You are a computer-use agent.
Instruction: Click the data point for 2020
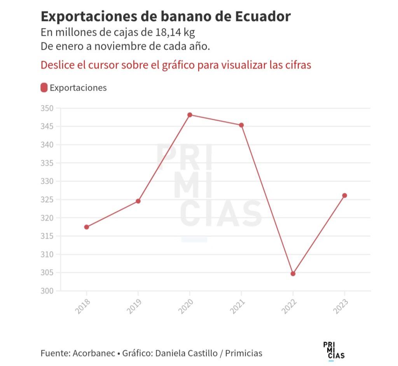click(x=190, y=115)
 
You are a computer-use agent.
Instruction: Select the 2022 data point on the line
click(x=293, y=274)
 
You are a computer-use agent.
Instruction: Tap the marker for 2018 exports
click(x=86, y=227)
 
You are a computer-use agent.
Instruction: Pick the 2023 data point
click(x=344, y=195)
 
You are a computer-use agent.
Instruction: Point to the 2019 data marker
click(x=138, y=201)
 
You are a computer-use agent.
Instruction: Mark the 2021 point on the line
click(x=241, y=125)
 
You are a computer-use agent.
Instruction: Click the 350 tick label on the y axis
click(x=48, y=108)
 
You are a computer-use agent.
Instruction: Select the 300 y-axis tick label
click(x=48, y=291)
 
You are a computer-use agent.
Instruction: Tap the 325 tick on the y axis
click(x=48, y=200)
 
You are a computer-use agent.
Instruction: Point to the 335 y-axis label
click(x=48, y=163)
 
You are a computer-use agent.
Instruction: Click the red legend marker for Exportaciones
click(x=44, y=87)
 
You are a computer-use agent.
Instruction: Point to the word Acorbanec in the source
click(x=94, y=353)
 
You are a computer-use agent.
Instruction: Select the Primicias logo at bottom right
click(x=333, y=350)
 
